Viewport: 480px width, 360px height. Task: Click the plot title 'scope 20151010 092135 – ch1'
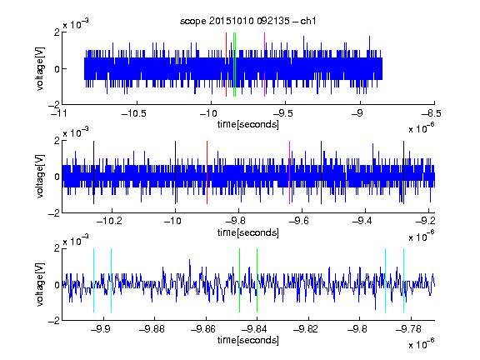coord(248,21)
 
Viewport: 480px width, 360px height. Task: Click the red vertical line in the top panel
coord(226,65)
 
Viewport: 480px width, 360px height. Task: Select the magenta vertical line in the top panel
coord(264,65)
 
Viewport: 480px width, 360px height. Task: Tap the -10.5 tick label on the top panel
coord(134,114)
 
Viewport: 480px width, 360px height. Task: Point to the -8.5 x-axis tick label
coord(432,114)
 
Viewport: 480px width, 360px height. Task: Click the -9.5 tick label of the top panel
coord(282,114)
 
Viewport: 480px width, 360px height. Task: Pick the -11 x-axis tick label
coord(59,114)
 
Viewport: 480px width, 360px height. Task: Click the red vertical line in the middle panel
coord(207,172)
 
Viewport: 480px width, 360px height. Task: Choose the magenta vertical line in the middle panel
coord(289,172)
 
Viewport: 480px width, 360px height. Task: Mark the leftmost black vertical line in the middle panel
coord(93,172)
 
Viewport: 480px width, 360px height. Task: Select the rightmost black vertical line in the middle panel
coord(403,172)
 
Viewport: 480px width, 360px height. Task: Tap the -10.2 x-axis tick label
coord(109,221)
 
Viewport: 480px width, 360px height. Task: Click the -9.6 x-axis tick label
coord(299,221)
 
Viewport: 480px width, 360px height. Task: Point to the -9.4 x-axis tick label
coord(362,221)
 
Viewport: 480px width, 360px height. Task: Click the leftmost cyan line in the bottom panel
coord(93,280)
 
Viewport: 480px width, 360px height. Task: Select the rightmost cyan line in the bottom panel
coord(403,280)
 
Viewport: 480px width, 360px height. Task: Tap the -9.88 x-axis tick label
coord(152,329)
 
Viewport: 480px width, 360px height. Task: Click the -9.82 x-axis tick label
coord(306,329)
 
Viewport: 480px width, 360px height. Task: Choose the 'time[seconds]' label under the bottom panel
coord(248,340)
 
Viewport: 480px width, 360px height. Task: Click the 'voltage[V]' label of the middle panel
coord(40,177)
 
